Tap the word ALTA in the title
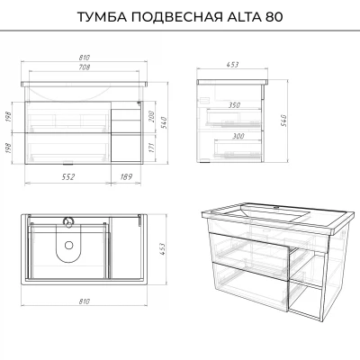coord(243,17)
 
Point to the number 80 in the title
coord(273,17)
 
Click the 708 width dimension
coord(85,67)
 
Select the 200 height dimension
coord(151,116)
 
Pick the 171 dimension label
coord(151,148)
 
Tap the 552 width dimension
coord(68,176)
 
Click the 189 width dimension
coord(126,176)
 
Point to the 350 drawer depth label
coord(234,105)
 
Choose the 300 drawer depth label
coord(238,136)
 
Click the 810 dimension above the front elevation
coord(85,58)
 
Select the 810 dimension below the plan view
coord(85,301)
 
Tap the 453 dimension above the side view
coord(233,64)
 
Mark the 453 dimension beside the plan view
coord(162,249)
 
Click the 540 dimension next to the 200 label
coord(165,121)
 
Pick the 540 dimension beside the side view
coord(283,121)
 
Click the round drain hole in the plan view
coord(69,245)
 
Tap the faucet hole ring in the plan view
coord(68,221)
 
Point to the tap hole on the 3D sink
coord(277,207)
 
